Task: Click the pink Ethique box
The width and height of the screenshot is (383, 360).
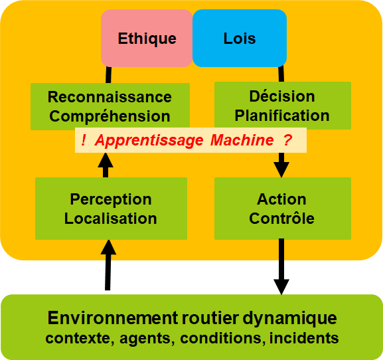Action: click(147, 38)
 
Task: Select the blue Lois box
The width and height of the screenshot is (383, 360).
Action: click(240, 38)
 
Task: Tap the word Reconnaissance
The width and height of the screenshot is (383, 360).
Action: click(110, 97)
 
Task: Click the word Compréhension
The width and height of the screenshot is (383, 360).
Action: click(110, 116)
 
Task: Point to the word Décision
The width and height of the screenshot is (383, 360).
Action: click(282, 96)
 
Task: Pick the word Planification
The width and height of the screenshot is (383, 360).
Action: click(282, 116)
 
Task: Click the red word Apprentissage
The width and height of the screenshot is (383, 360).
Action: click(149, 140)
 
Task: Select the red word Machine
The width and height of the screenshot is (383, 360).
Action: click(242, 140)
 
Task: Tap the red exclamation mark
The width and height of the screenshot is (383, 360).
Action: click(84, 140)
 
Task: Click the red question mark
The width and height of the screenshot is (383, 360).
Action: click(287, 140)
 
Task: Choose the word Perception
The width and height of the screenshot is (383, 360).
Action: click(111, 200)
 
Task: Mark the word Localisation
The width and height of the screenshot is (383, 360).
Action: click(110, 219)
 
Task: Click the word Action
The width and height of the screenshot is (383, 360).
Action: click(281, 199)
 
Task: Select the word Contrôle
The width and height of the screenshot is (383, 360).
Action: click(281, 219)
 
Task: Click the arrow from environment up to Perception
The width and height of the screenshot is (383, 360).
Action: click(108, 265)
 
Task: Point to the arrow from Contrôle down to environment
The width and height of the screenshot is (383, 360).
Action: click(281, 266)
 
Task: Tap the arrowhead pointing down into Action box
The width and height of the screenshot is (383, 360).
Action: click(281, 169)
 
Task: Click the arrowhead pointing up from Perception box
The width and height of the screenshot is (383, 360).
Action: click(106, 160)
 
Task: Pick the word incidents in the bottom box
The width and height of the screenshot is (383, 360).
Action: click(304, 338)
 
